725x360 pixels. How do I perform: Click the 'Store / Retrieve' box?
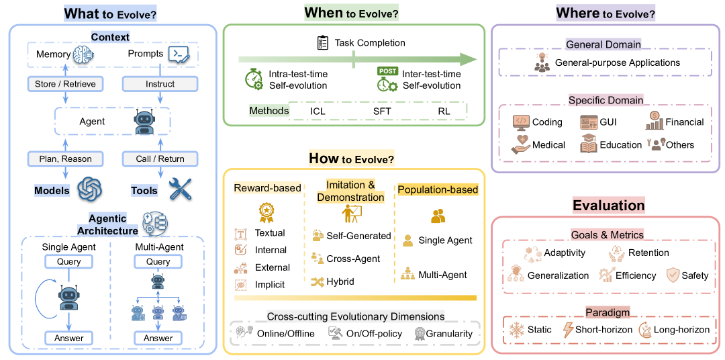click(x=65, y=84)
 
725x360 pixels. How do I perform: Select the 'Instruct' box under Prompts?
click(x=160, y=84)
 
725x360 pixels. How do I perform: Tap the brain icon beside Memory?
click(x=85, y=54)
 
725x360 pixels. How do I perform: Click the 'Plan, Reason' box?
click(x=65, y=159)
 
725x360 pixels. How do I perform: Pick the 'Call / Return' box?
click(x=160, y=159)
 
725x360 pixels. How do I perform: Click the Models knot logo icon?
click(x=89, y=189)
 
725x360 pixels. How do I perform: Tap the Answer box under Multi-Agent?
click(x=158, y=338)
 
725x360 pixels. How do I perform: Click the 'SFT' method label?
click(x=382, y=111)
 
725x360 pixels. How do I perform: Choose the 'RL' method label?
click(x=444, y=111)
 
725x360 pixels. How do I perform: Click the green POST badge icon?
click(x=387, y=71)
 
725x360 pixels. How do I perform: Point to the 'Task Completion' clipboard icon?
click(x=322, y=43)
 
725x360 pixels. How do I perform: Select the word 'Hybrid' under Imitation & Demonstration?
click(x=341, y=281)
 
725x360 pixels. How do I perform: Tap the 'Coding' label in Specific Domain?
click(x=547, y=122)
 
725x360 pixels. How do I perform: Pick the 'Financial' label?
click(x=685, y=122)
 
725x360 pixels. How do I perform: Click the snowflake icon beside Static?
click(x=518, y=330)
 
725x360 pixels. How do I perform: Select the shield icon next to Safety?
click(x=673, y=275)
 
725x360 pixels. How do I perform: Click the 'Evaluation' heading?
click(x=608, y=206)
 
